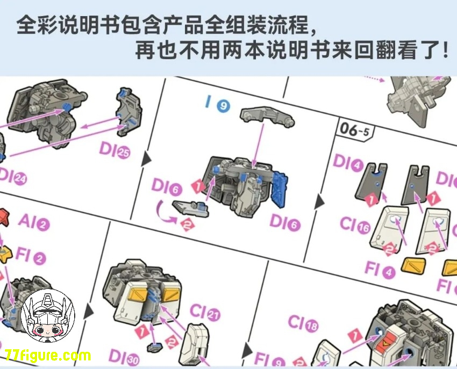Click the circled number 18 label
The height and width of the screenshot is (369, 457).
coord(311,327)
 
